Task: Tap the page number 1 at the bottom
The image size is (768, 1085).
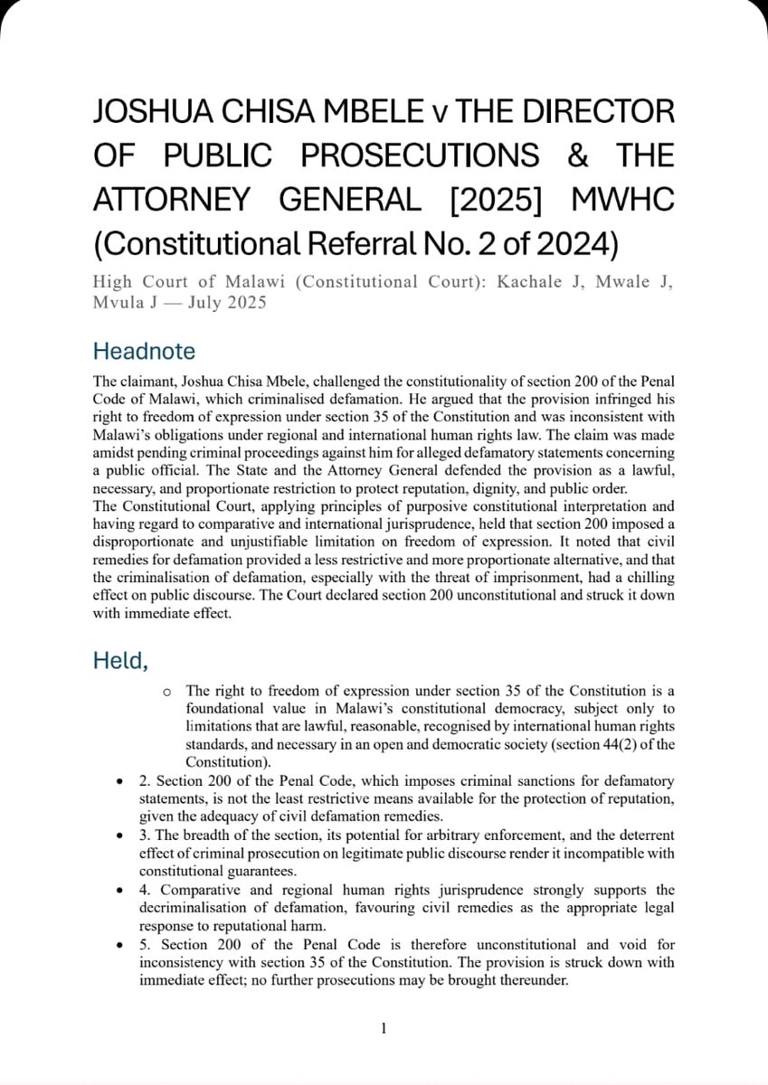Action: pyautogui.click(x=384, y=1029)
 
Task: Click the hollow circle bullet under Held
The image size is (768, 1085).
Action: pyautogui.click(x=166, y=692)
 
